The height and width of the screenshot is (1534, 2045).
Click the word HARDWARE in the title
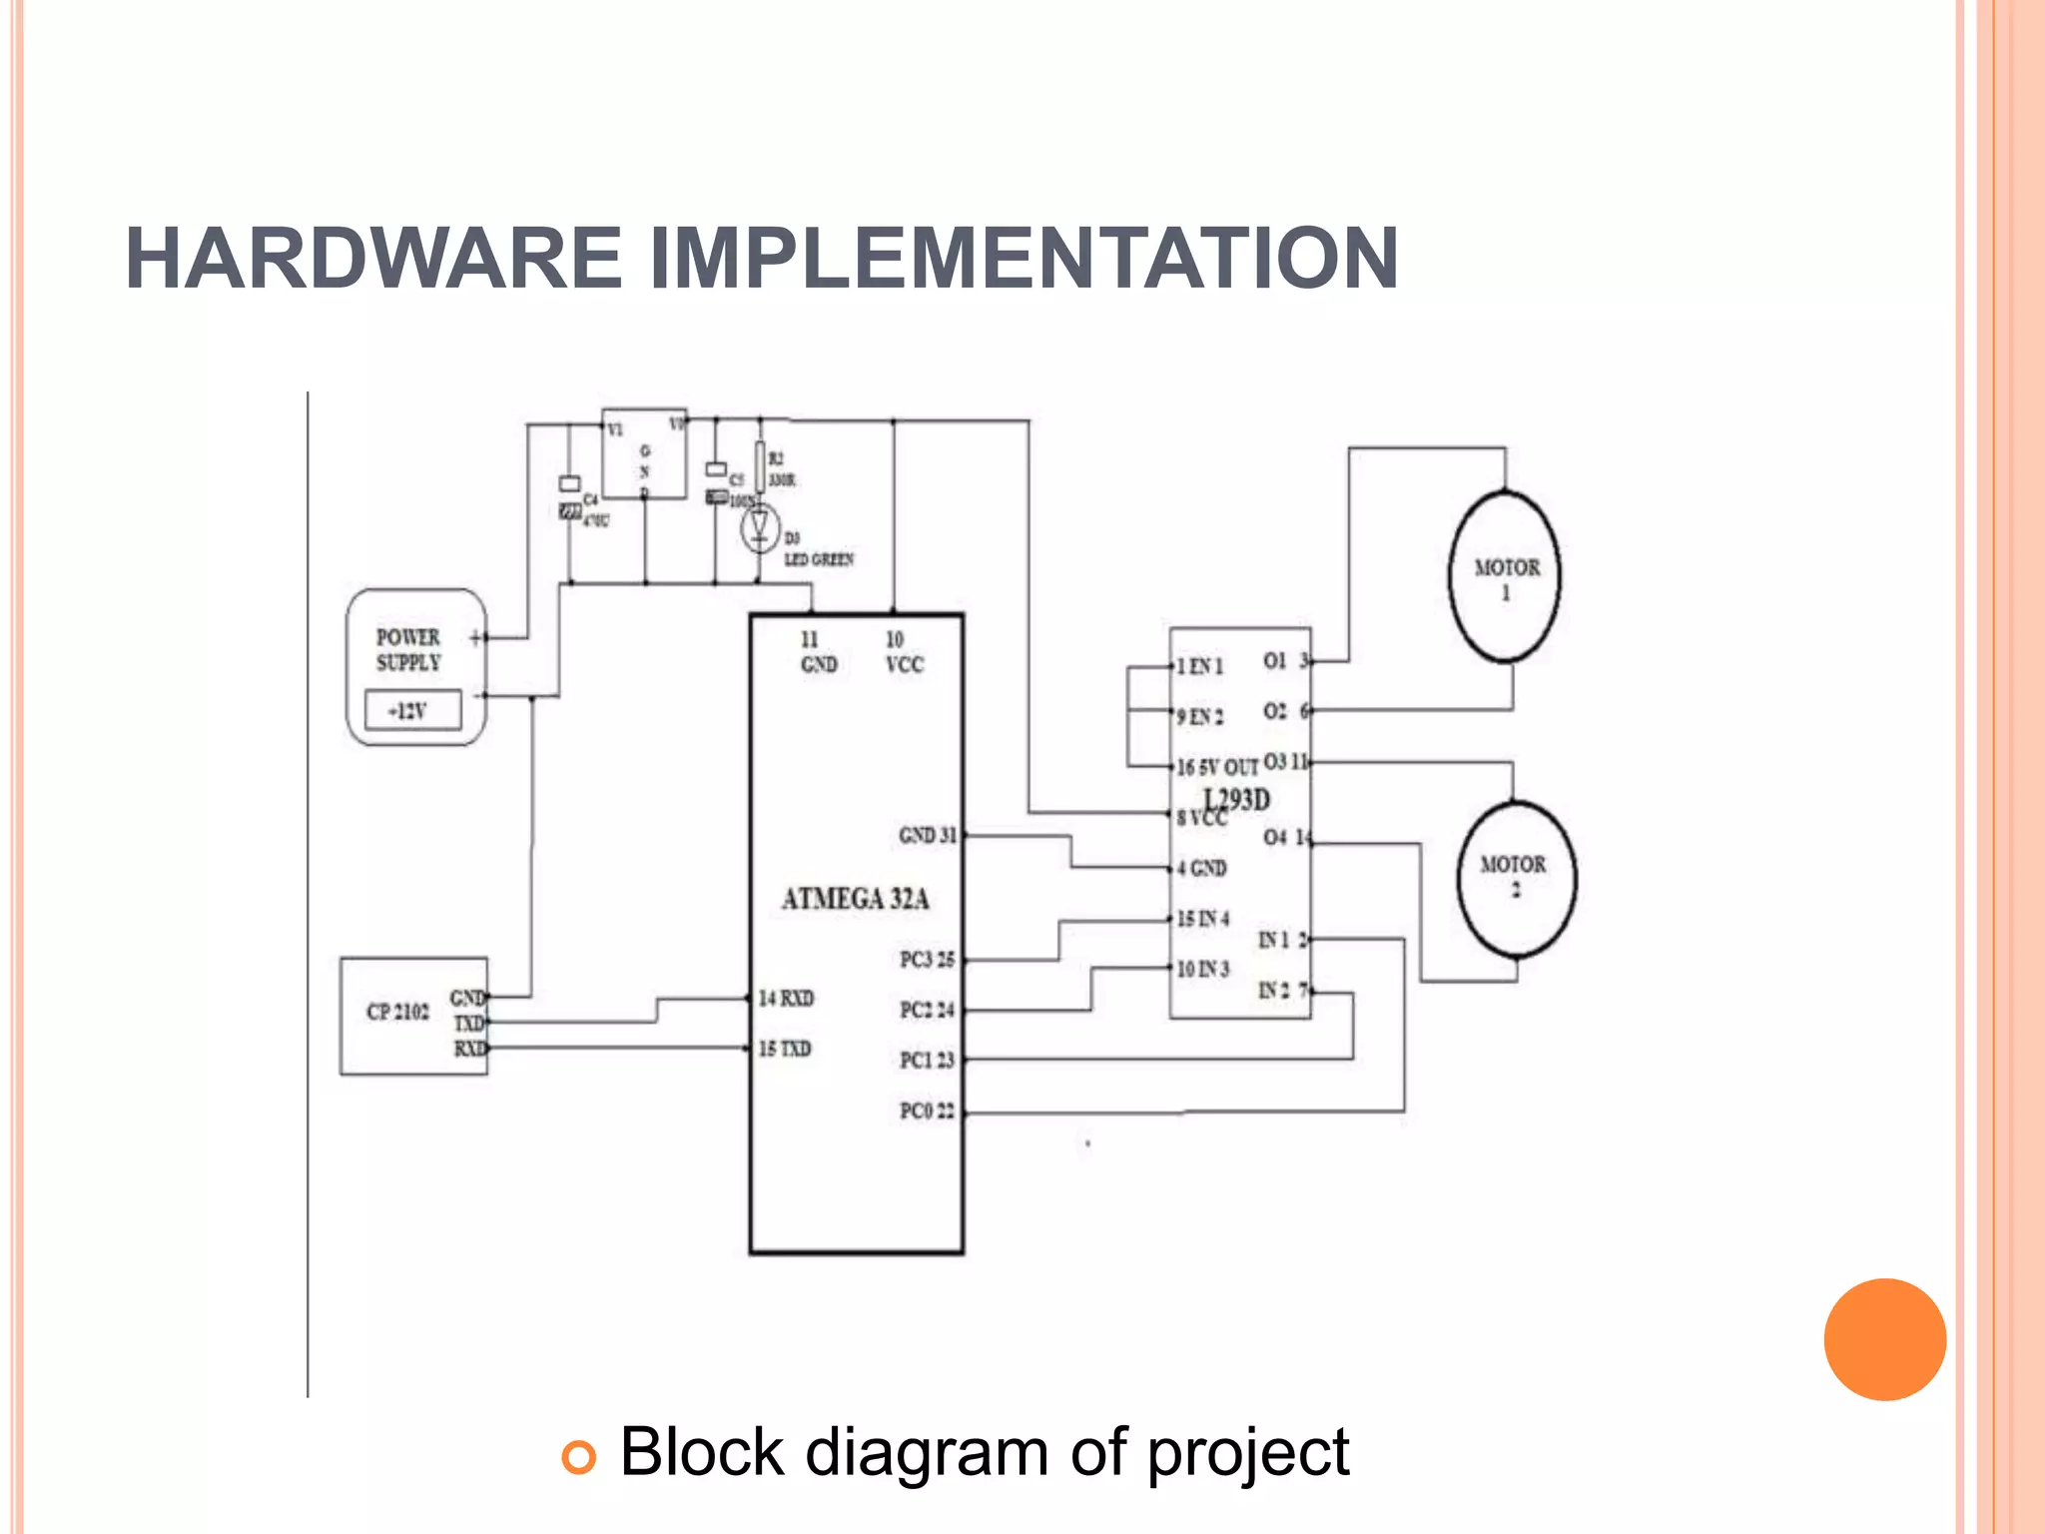pyautogui.click(x=373, y=259)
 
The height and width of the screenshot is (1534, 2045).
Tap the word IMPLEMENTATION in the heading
pyautogui.click(x=1023, y=259)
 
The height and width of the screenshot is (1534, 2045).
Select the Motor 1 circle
pyautogui.click(x=1505, y=577)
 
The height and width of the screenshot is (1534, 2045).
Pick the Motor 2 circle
pyautogui.click(x=1516, y=879)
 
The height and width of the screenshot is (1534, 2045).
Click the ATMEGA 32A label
pyautogui.click(x=855, y=900)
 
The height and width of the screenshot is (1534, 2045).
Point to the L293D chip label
pyautogui.click(x=1237, y=800)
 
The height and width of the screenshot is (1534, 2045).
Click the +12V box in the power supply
pyautogui.click(x=412, y=710)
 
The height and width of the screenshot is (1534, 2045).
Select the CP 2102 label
pyautogui.click(x=397, y=1012)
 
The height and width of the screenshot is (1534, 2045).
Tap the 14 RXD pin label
pyautogui.click(x=786, y=998)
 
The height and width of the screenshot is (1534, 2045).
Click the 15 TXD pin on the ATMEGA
pyautogui.click(x=785, y=1049)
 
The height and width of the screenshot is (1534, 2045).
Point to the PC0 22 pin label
pyautogui.click(x=927, y=1111)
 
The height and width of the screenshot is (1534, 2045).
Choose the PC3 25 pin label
pyautogui.click(x=927, y=960)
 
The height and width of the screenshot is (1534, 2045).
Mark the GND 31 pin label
pyautogui.click(x=927, y=835)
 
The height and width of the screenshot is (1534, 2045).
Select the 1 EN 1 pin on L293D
pyautogui.click(x=1199, y=666)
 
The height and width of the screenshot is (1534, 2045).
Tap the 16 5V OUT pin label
pyautogui.click(x=1216, y=767)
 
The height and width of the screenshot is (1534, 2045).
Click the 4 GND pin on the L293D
pyautogui.click(x=1201, y=868)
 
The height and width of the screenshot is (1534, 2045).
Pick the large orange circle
pyautogui.click(x=1884, y=1339)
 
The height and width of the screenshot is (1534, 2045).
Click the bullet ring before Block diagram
pyautogui.click(x=579, y=1457)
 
